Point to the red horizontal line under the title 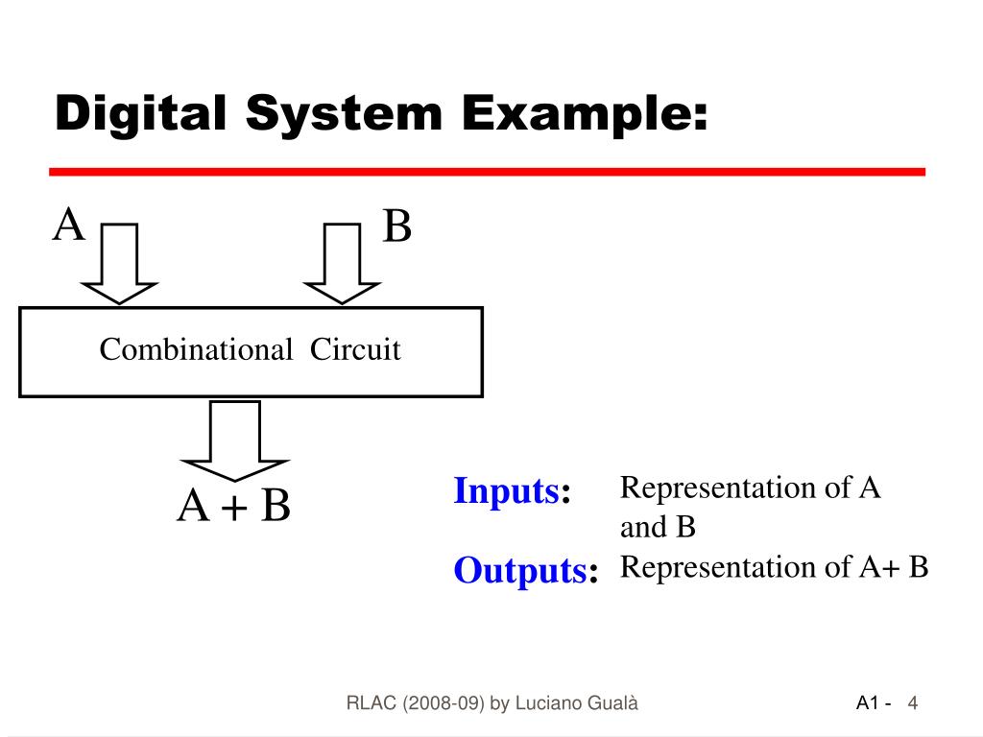(x=487, y=172)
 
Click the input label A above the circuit (x=69, y=227)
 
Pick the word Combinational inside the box (x=196, y=350)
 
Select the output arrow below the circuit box (x=234, y=440)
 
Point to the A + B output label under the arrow (x=233, y=507)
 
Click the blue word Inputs (x=506, y=491)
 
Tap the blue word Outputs (x=520, y=571)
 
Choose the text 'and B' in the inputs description (x=658, y=528)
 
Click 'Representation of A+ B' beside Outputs (x=774, y=568)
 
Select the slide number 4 (x=913, y=704)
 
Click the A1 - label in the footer (x=874, y=704)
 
